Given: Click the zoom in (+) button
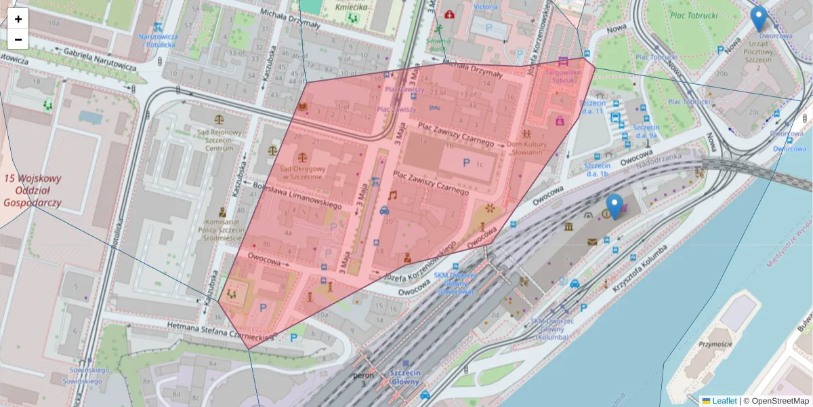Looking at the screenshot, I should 18,19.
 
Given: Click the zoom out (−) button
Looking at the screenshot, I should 18,39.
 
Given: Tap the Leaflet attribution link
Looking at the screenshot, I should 724,401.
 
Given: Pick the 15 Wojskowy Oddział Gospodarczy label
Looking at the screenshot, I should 33,191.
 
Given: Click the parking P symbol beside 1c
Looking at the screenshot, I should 466,163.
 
